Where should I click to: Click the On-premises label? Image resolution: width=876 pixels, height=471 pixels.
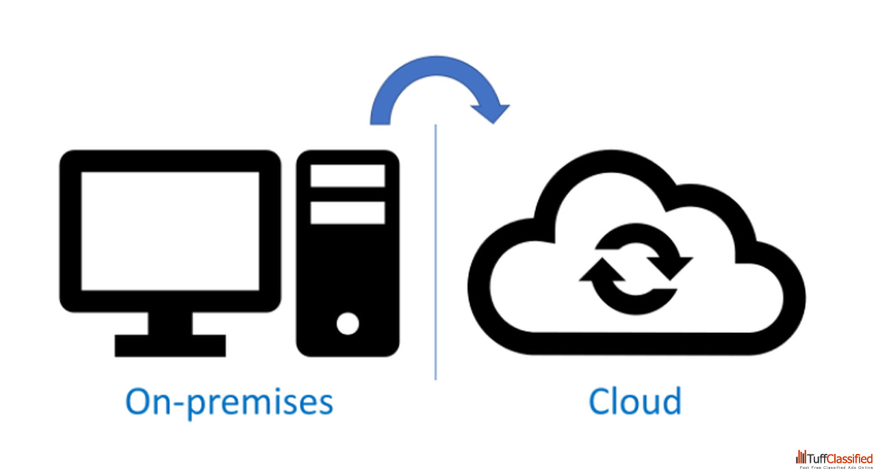(x=229, y=402)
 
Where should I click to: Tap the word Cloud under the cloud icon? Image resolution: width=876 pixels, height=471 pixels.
(x=635, y=402)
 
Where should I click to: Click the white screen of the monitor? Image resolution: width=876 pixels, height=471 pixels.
(x=170, y=230)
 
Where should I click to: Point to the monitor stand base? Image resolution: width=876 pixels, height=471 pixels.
(x=170, y=345)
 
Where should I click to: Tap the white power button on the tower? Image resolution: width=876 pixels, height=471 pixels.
(x=348, y=323)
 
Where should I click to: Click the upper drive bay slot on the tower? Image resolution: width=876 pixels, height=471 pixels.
(x=348, y=176)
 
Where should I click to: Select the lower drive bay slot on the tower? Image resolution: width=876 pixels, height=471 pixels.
(x=348, y=213)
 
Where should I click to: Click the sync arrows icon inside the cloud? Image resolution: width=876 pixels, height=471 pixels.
(x=636, y=270)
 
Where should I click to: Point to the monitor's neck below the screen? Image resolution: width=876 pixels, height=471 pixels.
(x=170, y=323)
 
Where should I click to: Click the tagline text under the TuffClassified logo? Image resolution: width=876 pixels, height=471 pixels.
(x=836, y=467)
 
